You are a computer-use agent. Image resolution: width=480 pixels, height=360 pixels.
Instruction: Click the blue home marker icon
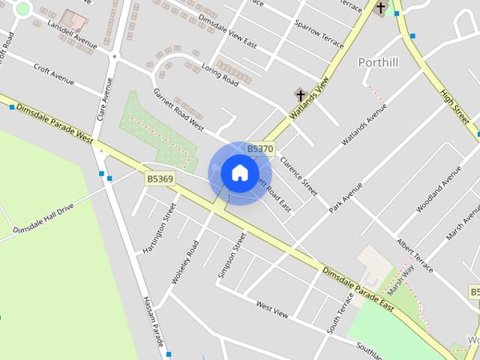239,172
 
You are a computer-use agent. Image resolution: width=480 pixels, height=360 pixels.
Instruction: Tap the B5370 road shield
259,148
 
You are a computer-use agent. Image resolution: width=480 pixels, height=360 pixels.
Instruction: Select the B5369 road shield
160,178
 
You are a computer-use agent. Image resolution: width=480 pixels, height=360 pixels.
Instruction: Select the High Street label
455,105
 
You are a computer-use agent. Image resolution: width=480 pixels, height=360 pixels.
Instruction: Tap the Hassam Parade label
153,321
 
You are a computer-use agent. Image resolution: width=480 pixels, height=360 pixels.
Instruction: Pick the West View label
271,310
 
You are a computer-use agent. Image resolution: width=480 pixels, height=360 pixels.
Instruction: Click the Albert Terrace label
415,256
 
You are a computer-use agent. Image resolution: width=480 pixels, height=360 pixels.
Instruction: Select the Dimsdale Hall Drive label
43,218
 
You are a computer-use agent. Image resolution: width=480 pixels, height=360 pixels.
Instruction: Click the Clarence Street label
298,172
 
